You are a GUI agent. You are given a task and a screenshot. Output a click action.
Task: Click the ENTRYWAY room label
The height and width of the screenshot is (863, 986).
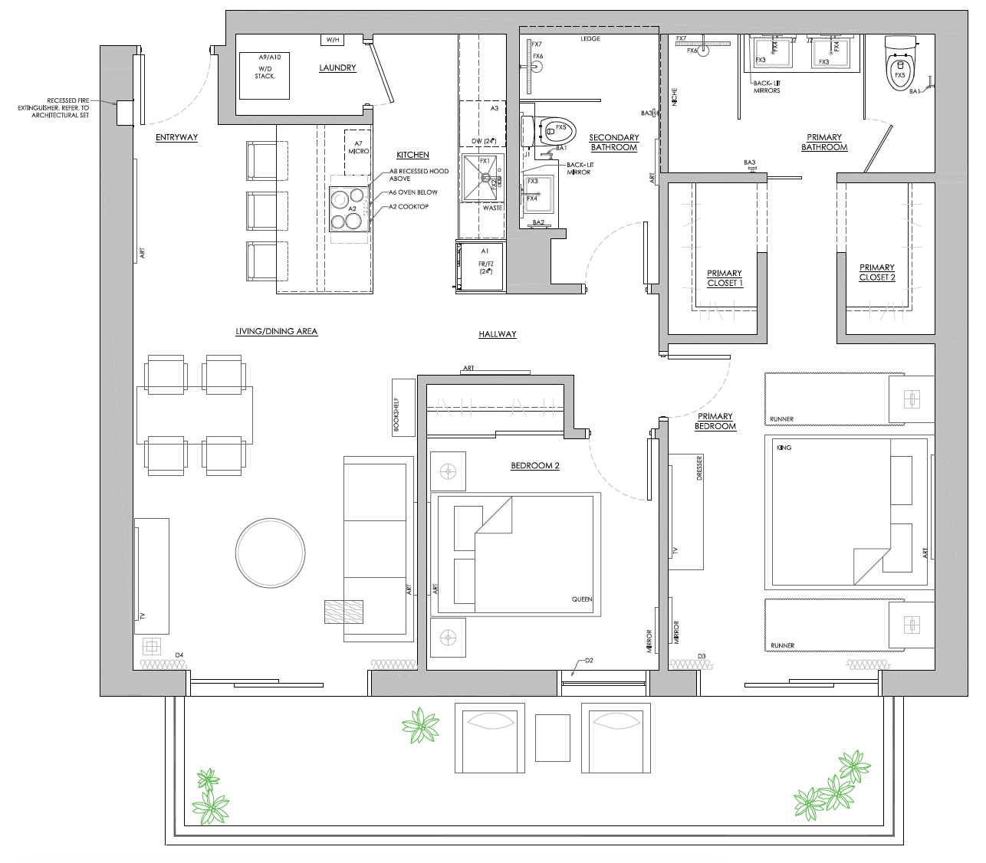176,138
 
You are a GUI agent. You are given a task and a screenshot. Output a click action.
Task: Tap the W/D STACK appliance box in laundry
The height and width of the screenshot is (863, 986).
265,75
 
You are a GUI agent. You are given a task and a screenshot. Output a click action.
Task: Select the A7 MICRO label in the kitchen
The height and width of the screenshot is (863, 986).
358,148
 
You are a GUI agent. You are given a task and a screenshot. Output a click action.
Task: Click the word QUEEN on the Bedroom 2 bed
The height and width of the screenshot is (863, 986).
582,600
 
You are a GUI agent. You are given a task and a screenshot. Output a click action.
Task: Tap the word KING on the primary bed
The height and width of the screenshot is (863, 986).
783,448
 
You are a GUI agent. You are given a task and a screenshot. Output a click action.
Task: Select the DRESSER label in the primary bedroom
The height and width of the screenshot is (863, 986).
699,468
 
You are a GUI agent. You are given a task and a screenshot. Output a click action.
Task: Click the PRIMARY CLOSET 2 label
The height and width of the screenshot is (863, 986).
876,273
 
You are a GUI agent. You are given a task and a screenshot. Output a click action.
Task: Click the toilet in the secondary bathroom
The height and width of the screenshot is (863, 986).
547,131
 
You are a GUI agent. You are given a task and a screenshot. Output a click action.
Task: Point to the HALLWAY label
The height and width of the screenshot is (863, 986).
497,334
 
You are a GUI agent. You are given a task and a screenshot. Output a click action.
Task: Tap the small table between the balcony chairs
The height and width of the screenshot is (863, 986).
553,737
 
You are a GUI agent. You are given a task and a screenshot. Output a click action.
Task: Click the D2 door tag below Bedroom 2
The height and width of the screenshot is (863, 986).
589,660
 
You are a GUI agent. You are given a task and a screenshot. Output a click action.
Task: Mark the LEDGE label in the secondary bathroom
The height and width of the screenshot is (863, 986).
590,39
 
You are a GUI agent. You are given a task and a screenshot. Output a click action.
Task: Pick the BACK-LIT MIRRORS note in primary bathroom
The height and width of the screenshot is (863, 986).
766,87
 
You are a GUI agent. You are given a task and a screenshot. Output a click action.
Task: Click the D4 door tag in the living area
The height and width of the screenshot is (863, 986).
179,655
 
